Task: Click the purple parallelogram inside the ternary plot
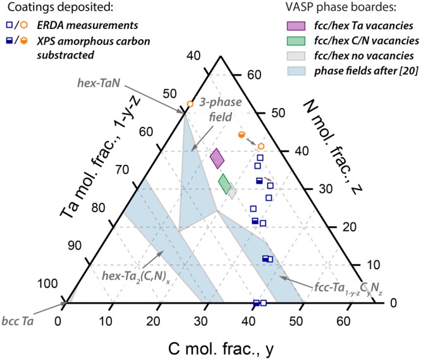(x=217, y=159)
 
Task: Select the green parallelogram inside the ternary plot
(x=224, y=184)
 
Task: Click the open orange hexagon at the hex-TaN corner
(x=190, y=104)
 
